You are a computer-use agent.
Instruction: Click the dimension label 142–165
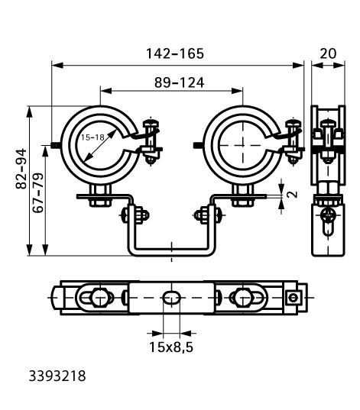tap(174, 53)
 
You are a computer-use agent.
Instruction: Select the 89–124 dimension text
tap(179, 82)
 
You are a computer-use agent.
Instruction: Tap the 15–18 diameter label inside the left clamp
tap(92, 137)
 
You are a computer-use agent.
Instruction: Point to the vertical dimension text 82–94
tap(21, 169)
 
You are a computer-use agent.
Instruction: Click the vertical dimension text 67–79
tap(38, 192)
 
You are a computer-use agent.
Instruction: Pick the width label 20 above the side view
tap(328, 53)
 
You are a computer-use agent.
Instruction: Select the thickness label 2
tap(293, 194)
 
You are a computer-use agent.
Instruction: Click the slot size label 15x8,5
tap(171, 347)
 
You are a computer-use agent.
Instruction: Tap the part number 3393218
tap(57, 376)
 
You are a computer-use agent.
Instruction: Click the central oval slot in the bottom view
tap(171, 298)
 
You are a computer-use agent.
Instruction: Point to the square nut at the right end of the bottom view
tap(293, 298)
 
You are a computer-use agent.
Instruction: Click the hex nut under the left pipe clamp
tap(100, 202)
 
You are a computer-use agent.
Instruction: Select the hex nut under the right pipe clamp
tap(243, 202)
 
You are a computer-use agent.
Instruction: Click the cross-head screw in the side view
tap(327, 216)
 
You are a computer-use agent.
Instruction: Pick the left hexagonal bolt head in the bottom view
tap(100, 298)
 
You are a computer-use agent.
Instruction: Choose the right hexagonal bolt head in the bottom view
tap(243, 298)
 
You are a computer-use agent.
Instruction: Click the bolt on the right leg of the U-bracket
tap(209, 215)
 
